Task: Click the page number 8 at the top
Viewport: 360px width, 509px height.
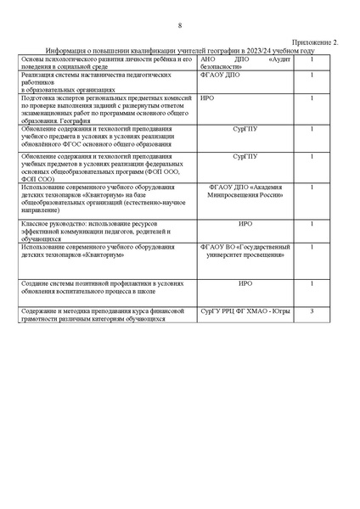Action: (180, 26)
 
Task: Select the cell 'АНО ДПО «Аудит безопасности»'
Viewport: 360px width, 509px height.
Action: (241, 63)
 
